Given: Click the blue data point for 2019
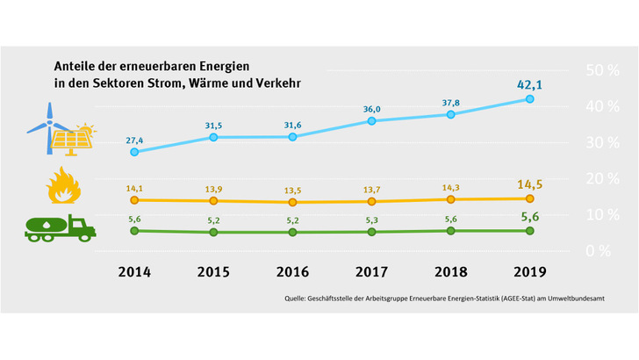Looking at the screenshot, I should pos(529,99).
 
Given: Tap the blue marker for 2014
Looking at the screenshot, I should pos(134,152).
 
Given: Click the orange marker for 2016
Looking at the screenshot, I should pos(292,202).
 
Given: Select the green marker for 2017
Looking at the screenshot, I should pos(371,232).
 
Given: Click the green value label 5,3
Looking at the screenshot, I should pos(371,220).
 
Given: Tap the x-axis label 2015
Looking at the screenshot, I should pos(213,272).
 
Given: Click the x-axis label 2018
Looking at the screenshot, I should pos(450,272).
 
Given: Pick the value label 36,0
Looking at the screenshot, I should pos(371,108).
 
